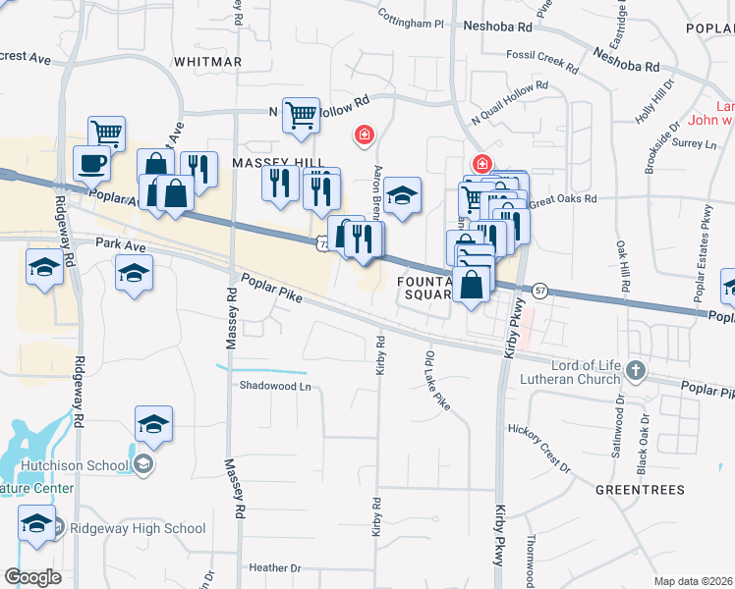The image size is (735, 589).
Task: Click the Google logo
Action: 32,577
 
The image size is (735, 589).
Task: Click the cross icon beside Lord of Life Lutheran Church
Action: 636,372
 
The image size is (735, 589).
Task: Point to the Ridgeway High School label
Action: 137,528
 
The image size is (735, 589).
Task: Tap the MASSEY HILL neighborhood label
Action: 263,160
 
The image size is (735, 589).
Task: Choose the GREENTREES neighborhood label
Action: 638,487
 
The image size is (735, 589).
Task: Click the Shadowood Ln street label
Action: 275,386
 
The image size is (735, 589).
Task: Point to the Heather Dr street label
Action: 275,567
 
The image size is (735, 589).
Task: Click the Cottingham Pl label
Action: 413,20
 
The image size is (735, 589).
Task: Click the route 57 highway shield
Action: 540,291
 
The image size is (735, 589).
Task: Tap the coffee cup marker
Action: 91,163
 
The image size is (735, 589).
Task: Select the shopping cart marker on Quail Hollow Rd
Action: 301,116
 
